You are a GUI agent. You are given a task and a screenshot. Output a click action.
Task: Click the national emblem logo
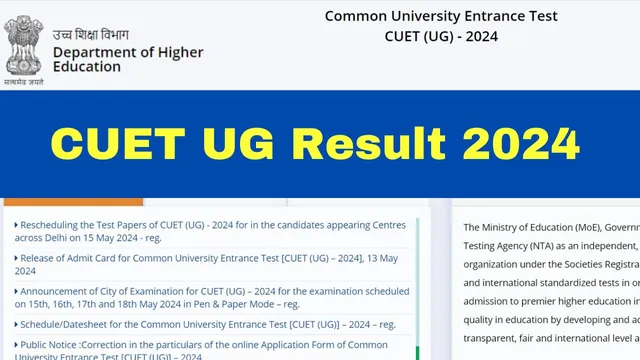pyautogui.click(x=24, y=44)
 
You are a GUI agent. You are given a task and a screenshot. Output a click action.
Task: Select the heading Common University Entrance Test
pyautogui.click(x=440, y=16)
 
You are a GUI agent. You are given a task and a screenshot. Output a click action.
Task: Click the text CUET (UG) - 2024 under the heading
pyautogui.click(x=440, y=36)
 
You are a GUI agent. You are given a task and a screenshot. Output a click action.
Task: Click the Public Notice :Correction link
pyautogui.click(x=200, y=345)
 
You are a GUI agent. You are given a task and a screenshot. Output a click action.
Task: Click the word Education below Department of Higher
pyautogui.click(x=85, y=68)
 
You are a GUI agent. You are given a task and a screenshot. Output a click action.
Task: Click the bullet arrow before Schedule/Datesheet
pyautogui.click(x=16, y=325)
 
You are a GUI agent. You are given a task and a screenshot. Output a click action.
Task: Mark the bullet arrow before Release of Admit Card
pyautogui.click(x=16, y=258)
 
